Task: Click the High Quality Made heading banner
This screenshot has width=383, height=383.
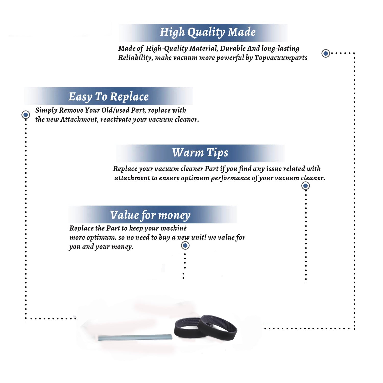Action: [203, 33]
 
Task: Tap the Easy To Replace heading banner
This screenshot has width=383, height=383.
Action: [109, 96]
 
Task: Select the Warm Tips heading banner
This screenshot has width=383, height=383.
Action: [200, 153]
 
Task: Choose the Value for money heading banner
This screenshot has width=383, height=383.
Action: [153, 214]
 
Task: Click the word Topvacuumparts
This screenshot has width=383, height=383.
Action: [281, 58]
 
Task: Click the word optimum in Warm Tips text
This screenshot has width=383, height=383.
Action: [195, 178]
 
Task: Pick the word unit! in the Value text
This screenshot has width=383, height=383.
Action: [199, 237]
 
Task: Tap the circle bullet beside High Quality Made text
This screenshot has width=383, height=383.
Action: [326, 53]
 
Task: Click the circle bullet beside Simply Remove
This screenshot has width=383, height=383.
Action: [26, 115]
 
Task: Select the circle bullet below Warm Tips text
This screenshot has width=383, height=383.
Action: [305, 186]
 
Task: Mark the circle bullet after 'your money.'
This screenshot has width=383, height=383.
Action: [185, 246]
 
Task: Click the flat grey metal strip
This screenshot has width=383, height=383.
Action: [135, 337]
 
